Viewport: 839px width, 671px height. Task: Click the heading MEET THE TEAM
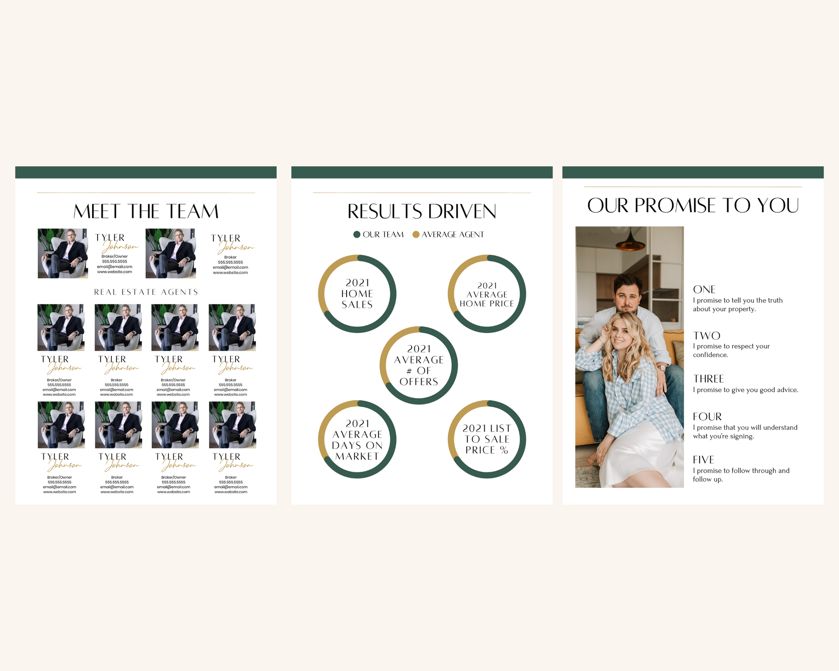pos(146,211)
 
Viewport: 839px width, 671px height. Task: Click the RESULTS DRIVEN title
pos(422,211)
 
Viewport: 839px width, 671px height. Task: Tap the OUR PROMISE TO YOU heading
pos(693,205)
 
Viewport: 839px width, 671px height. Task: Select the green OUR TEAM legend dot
pos(357,234)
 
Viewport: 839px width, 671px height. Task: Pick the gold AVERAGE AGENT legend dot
pos(416,234)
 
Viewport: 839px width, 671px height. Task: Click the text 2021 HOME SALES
pos(357,294)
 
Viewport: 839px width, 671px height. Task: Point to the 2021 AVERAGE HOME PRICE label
pos(487,295)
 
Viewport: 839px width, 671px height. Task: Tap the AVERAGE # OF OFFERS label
pos(419,365)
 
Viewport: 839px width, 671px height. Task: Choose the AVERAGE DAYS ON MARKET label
pos(357,440)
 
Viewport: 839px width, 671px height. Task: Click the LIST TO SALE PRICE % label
pos(487,439)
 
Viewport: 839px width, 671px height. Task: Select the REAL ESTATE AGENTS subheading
pos(146,292)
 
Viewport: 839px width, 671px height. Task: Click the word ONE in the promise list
pos(704,290)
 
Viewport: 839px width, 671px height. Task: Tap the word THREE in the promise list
pos(708,379)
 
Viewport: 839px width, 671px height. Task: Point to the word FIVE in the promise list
pos(703,460)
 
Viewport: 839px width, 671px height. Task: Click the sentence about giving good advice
pos(746,390)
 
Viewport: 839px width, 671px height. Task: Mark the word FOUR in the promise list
pos(707,417)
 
